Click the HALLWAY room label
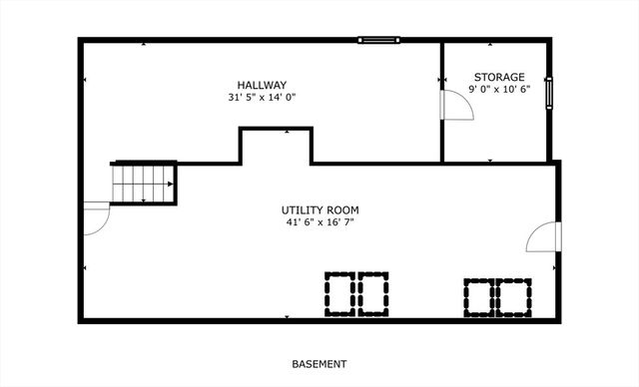click(x=262, y=85)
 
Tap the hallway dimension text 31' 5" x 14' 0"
click(x=262, y=98)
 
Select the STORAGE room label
click(x=499, y=77)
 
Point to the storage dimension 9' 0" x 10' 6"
click(x=499, y=89)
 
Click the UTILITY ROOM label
click(x=319, y=210)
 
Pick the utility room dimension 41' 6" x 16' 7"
click(x=319, y=222)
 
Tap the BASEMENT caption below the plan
click(x=319, y=364)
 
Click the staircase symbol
click(x=144, y=183)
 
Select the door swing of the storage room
click(x=457, y=104)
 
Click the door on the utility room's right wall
click(x=545, y=237)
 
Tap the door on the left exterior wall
click(x=95, y=217)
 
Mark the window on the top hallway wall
click(x=379, y=40)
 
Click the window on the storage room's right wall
click(x=547, y=91)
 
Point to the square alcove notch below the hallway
click(x=275, y=146)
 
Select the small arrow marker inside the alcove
click(x=288, y=131)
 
